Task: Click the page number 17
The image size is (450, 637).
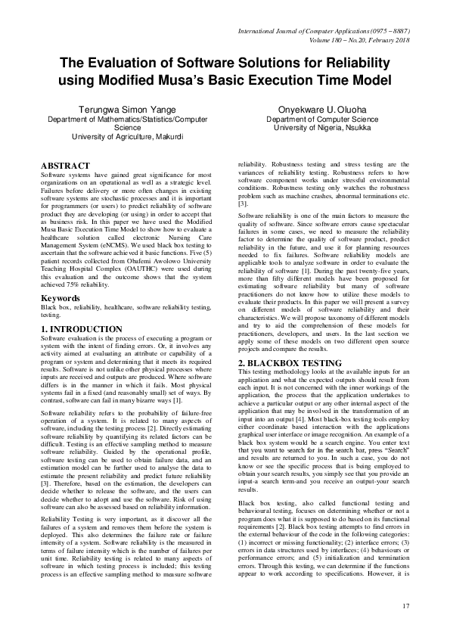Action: click(x=405, y=605)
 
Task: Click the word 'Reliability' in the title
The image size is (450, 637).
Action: click(x=353, y=62)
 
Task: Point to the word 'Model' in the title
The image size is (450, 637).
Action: click(x=366, y=79)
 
